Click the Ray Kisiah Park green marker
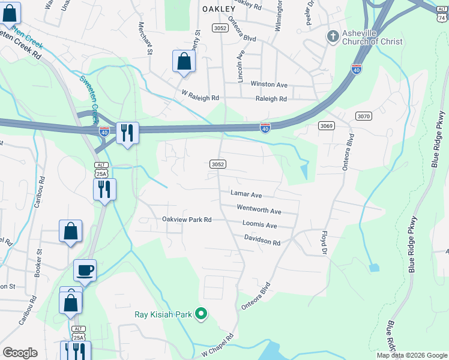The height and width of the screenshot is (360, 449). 202,313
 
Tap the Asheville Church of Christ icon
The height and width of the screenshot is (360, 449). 332,37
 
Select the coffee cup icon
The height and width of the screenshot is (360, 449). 85,270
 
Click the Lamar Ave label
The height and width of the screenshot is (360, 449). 246,194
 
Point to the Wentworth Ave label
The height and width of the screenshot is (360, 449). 259,211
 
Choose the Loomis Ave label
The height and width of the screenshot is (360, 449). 259,226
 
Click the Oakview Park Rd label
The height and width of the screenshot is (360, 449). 187,220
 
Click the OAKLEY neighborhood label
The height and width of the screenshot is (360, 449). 218,9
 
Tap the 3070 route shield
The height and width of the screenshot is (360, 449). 364,116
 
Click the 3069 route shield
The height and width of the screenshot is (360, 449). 326,125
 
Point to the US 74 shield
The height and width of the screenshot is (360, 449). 441,19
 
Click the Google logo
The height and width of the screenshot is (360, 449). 20,353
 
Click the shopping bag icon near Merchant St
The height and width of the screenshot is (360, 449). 184,62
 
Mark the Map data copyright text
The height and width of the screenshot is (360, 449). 411,355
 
